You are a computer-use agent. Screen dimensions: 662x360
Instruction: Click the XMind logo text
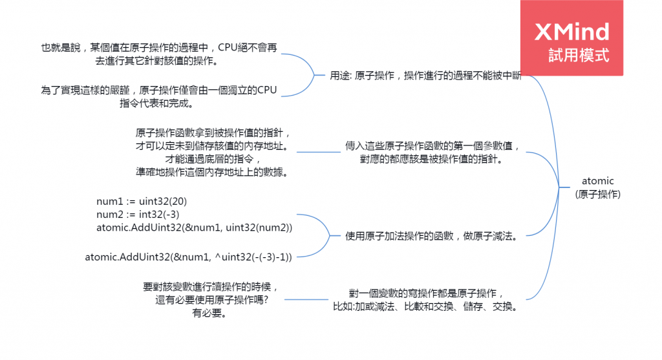[572, 32]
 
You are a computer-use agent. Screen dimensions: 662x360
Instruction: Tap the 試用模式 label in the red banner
[578, 55]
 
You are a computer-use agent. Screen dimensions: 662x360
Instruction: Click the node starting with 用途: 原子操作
[425, 76]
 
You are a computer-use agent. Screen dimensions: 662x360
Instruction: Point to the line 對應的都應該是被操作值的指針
[431, 159]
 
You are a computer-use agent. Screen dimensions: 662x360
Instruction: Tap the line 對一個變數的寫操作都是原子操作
[425, 292]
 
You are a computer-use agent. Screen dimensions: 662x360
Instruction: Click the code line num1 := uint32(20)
[142, 200]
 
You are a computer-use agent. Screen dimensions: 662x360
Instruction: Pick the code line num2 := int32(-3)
[138, 213]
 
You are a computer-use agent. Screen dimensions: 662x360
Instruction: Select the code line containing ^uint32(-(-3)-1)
[189, 257]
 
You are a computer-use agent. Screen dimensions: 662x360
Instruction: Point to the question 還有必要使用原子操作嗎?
[211, 301]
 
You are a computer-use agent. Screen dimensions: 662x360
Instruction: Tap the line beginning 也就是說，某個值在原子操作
[163, 48]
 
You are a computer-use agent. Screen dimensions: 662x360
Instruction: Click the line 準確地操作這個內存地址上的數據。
[211, 172]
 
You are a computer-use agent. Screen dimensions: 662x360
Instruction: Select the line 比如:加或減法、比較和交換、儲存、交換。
[425, 306]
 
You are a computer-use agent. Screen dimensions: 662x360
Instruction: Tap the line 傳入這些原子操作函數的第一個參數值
[432, 145]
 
